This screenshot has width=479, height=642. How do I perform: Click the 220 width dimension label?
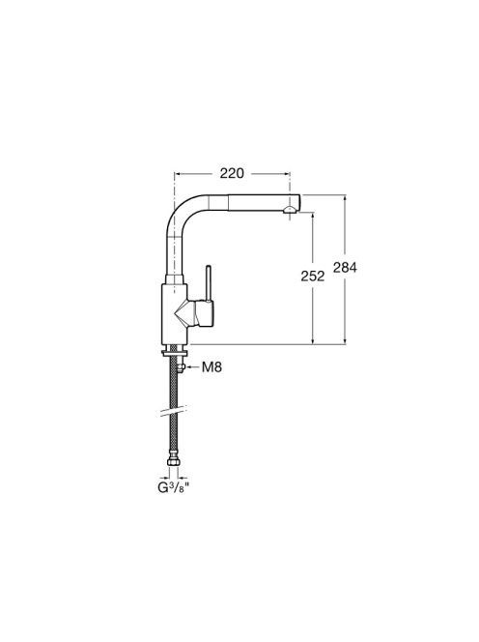tap(232, 173)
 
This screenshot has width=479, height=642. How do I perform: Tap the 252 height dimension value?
tap(313, 277)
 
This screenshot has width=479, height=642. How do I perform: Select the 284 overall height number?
tap(345, 268)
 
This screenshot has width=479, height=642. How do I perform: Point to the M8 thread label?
tap(211, 367)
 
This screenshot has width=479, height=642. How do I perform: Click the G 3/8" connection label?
tap(175, 487)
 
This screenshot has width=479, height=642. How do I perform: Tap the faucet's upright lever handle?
tap(209, 283)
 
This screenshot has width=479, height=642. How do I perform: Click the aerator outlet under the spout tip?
tap(289, 210)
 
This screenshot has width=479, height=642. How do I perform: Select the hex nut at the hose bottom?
tap(173, 462)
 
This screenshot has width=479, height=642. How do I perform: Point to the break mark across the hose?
tap(174, 411)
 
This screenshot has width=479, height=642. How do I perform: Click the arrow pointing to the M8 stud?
tap(192, 367)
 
